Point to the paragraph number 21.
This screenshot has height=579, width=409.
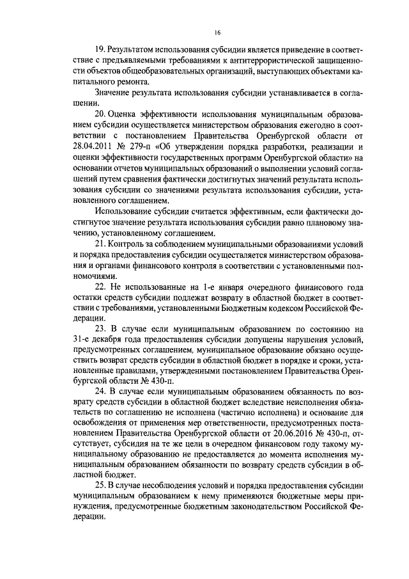(100, 245)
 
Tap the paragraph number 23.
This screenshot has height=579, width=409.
(100, 329)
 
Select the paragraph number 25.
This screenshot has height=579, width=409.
(100, 484)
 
